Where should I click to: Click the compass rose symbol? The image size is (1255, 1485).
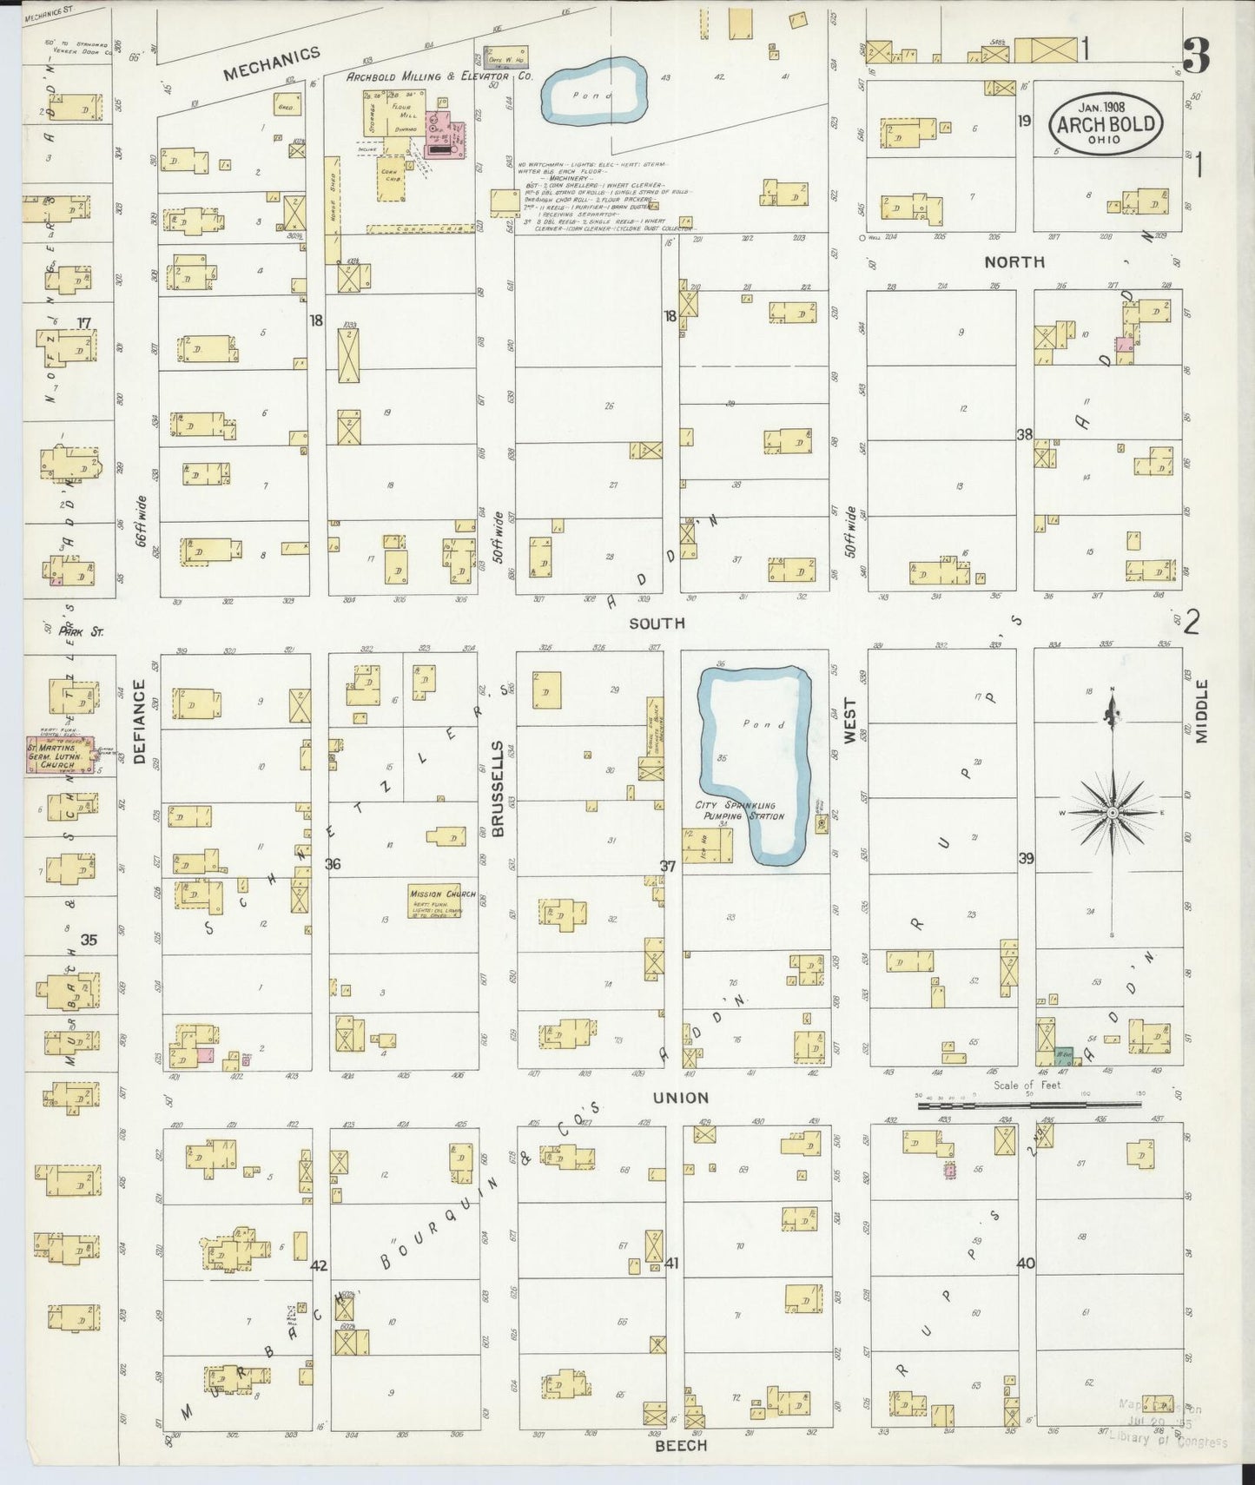coord(1112,811)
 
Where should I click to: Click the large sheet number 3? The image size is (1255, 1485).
coord(1196,57)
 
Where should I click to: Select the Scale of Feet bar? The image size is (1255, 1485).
coord(1029,1104)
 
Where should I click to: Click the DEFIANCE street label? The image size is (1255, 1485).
coord(140,721)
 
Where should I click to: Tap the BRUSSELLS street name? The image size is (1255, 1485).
coord(499,789)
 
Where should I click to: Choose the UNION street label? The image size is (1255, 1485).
coord(681,1098)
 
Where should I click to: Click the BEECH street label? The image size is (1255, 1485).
coord(681,1445)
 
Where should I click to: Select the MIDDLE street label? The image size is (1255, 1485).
coord(1201,710)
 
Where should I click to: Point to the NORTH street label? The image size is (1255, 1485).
coord(1014,261)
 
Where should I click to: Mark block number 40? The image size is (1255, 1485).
coord(1025,1263)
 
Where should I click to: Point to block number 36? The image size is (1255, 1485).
coord(332,863)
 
